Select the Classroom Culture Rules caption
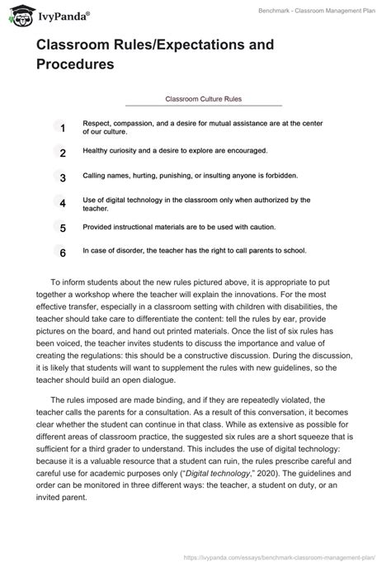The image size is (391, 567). pyautogui.click(x=203, y=98)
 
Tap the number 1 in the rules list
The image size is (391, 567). pyautogui.click(x=61, y=128)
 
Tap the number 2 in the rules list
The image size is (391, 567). pyautogui.click(x=61, y=153)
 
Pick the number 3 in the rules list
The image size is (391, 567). pyautogui.click(x=61, y=177)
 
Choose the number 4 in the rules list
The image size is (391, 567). pyautogui.click(x=61, y=203)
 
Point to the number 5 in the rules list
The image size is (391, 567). pyautogui.click(x=61, y=228)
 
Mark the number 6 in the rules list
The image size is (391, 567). pyautogui.click(x=61, y=253)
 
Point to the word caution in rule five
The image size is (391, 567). pyautogui.click(x=257, y=225)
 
